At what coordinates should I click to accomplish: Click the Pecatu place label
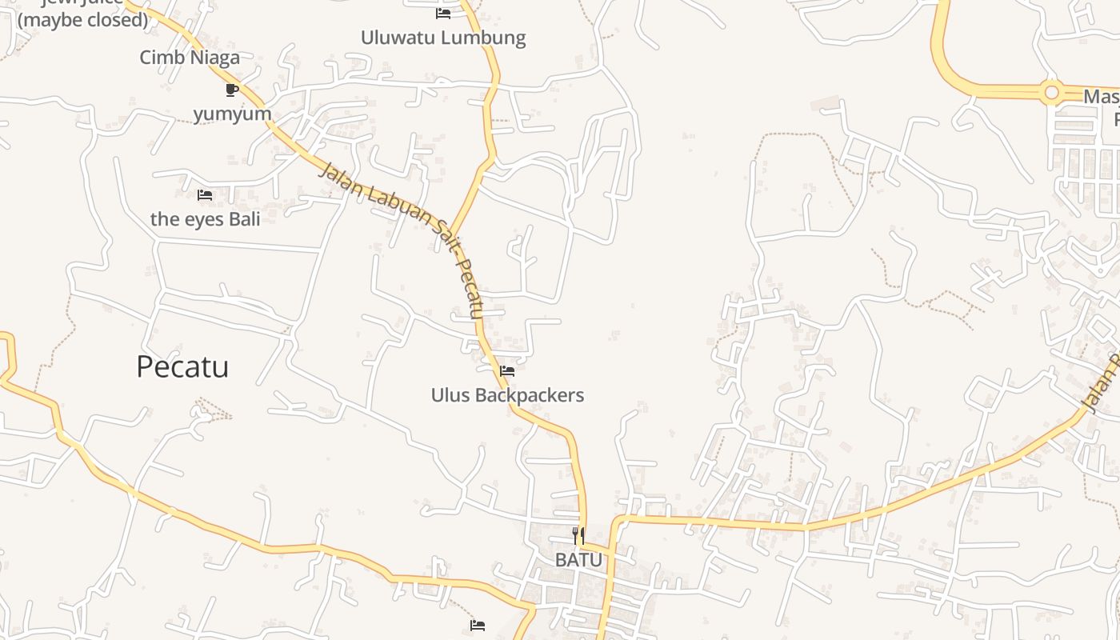(x=182, y=366)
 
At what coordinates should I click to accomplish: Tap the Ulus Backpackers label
(x=507, y=395)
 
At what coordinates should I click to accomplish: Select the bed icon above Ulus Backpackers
(x=507, y=371)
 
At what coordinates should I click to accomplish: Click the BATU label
(x=578, y=560)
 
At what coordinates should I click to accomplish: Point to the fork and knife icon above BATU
(x=578, y=536)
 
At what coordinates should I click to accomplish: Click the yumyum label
(x=232, y=114)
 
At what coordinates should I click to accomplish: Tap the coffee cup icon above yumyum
(x=232, y=90)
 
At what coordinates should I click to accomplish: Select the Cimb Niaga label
(x=190, y=58)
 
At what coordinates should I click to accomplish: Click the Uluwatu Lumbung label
(x=443, y=38)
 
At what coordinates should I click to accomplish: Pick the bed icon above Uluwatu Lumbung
(x=443, y=14)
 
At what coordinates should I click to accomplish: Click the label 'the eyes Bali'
(x=206, y=219)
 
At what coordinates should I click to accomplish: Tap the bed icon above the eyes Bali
(x=205, y=195)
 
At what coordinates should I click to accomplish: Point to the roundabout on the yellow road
(x=1051, y=94)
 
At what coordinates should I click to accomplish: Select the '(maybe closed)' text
(x=83, y=20)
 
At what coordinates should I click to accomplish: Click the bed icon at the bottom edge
(x=478, y=626)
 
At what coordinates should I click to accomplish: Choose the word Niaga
(x=217, y=58)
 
